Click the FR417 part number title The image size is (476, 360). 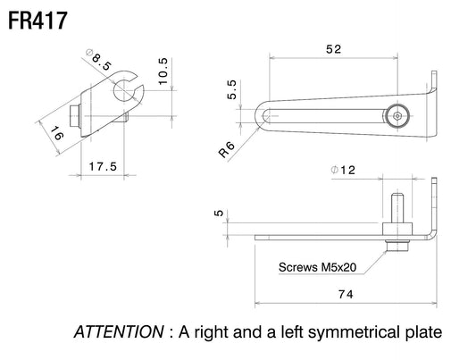point(38,21)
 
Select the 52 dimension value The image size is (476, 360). point(334,49)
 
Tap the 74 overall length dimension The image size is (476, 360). point(346,294)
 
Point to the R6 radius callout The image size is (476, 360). point(227,150)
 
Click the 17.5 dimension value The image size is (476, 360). point(103,166)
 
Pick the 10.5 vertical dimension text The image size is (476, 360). point(163,71)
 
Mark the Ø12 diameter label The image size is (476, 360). point(343,170)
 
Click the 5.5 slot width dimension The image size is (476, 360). point(231,89)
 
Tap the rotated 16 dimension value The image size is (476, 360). point(57,133)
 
